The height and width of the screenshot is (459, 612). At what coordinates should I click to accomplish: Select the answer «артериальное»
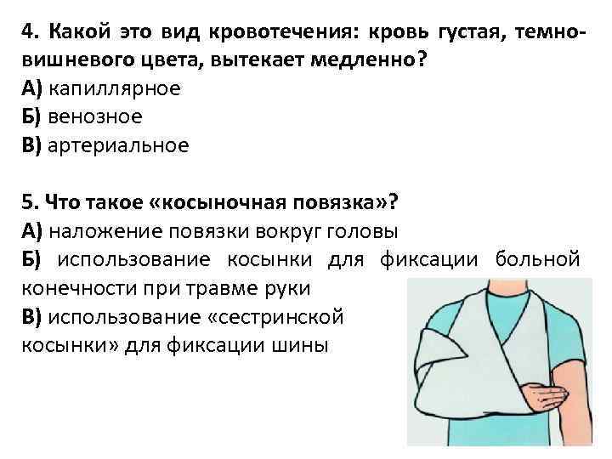(118, 145)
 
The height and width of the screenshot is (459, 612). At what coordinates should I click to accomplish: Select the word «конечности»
(74, 287)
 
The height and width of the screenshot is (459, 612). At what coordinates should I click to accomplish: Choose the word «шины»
(301, 344)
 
